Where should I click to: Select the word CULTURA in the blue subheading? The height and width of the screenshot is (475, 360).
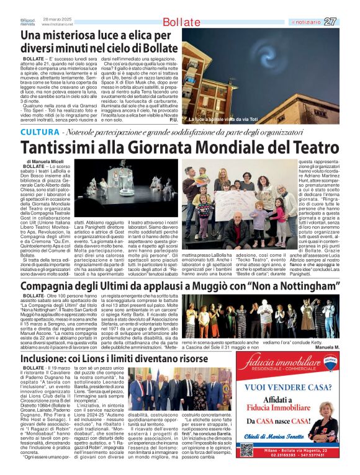coord(40,133)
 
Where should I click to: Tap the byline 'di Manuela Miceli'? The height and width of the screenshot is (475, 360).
coord(46,161)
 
